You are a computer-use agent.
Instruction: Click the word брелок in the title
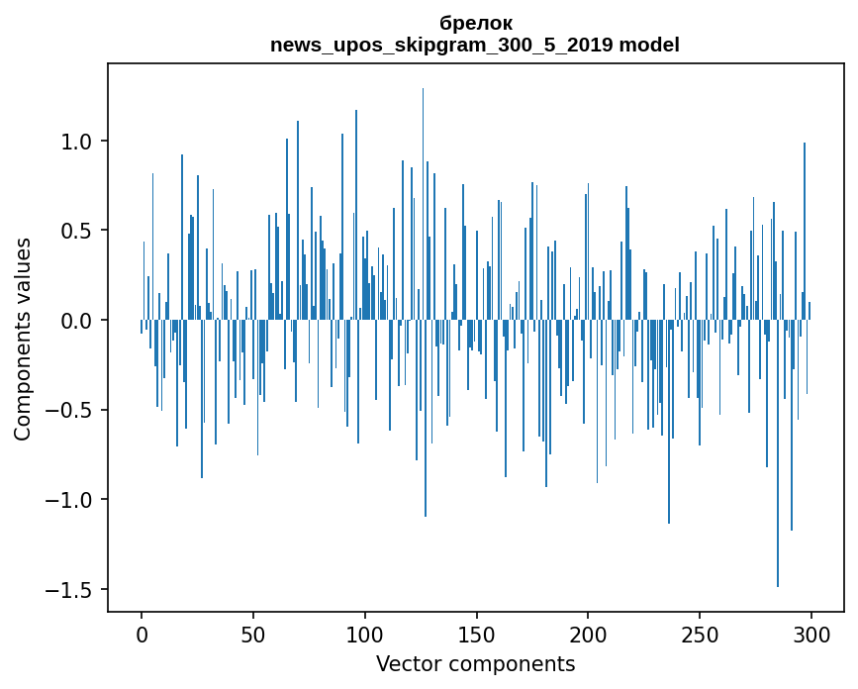click(475, 23)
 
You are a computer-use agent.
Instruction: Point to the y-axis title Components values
click(23, 339)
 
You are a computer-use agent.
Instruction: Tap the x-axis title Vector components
click(475, 663)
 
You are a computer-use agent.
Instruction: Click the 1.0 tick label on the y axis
click(77, 142)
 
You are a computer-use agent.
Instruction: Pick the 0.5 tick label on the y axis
click(77, 231)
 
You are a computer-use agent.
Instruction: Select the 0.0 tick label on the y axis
click(77, 321)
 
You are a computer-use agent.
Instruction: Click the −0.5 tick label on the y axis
click(70, 410)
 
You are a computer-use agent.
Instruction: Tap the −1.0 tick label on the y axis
click(70, 500)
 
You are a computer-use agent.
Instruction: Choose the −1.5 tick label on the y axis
click(70, 589)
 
